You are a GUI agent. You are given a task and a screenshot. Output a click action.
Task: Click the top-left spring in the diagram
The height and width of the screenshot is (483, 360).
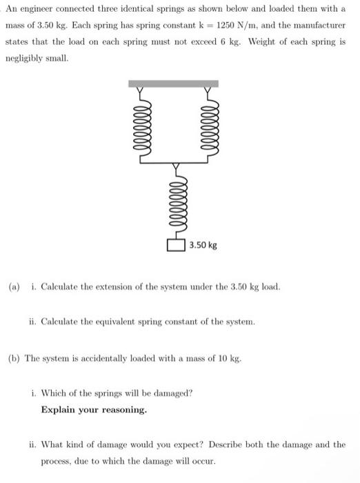tap(142, 128)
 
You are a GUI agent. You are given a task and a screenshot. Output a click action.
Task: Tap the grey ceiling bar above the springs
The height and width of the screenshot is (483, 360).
tap(174, 83)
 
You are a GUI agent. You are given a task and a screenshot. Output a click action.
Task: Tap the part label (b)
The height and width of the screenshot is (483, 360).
tap(14, 357)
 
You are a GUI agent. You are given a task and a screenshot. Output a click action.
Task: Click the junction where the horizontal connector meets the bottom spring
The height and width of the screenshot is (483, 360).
tap(175, 164)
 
